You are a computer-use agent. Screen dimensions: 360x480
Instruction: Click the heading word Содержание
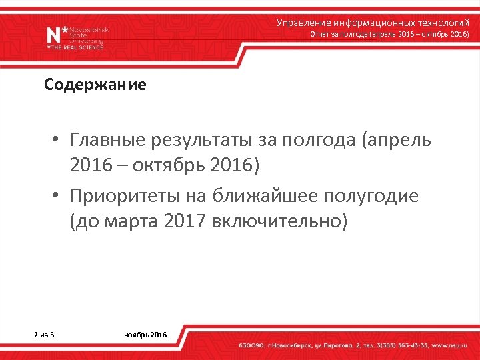pos(95,85)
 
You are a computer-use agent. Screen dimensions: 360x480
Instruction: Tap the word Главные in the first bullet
pos(107,141)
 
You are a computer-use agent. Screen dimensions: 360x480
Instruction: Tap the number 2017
pos(184,221)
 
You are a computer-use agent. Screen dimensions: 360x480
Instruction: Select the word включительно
pos(279,221)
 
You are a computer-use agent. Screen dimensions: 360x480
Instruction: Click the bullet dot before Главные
pos(59,141)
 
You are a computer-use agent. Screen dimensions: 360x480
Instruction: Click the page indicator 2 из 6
pos(44,333)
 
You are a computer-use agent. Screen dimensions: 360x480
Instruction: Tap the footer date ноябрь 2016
pos(146,333)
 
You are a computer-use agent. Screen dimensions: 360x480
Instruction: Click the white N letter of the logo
pos(53,36)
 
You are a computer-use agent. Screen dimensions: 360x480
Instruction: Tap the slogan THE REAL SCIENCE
pos(79,48)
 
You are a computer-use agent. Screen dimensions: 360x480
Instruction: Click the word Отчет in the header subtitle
pos(320,34)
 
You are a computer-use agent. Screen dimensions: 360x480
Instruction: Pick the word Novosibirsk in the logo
pos(88,30)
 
